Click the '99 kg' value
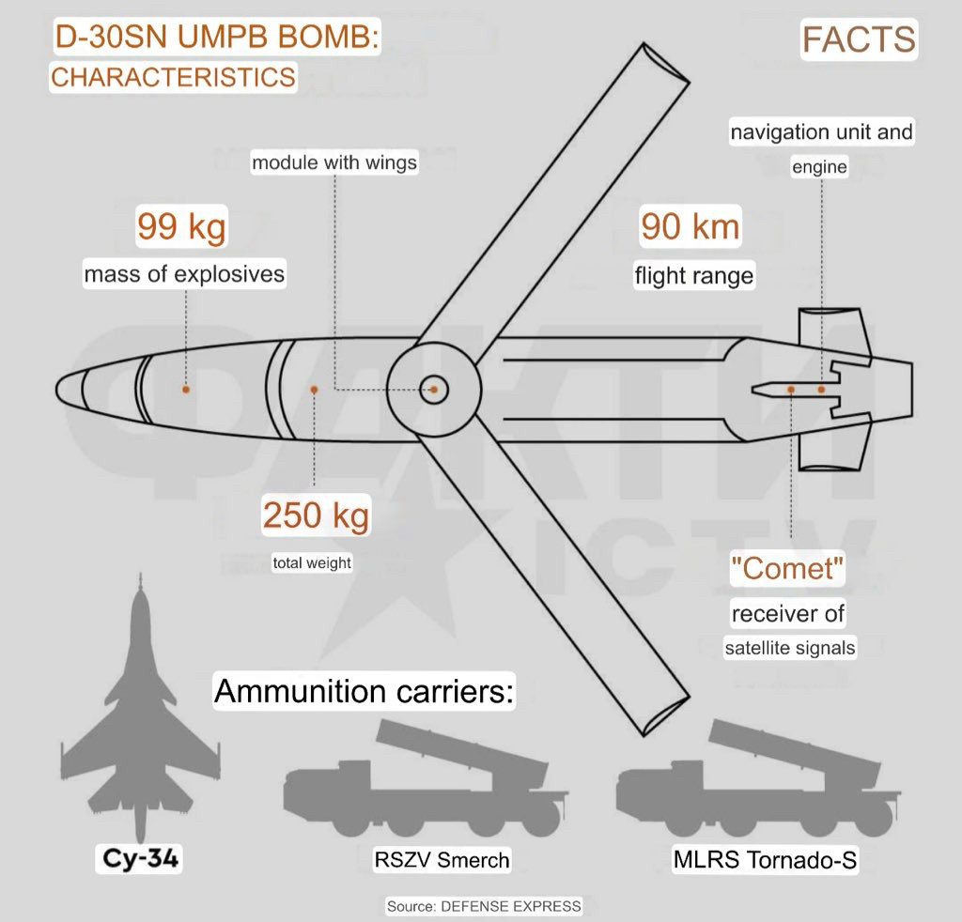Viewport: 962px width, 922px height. click(181, 226)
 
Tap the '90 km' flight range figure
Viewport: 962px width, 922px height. click(690, 226)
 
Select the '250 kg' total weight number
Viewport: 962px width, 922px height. click(316, 515)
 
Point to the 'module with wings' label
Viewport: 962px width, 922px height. click(334, 162)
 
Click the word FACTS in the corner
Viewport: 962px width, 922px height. click(859, 39)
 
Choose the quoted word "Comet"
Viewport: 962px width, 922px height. click(788, 568)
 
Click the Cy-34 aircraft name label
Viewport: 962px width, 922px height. click(141, 857)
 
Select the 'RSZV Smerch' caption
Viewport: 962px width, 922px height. click(442, 860)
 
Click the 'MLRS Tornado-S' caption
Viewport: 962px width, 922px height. click(765, 859)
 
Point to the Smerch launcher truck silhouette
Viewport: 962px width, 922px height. click(425, 781)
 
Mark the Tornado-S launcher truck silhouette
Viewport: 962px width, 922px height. click(758, 781)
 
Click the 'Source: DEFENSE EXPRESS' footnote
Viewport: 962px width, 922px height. click(484, 906)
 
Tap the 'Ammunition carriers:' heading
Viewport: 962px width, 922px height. click(364, 691)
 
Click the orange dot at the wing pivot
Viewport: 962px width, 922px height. click(434, 390)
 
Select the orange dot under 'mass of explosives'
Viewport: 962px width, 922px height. click(186, 390)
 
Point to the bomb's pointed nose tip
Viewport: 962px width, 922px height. click(56, 390)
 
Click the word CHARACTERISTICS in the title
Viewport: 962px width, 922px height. click(173, 77)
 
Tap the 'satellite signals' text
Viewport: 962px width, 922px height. click(789, 648)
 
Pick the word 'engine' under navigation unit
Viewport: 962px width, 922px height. click(819, 167)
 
